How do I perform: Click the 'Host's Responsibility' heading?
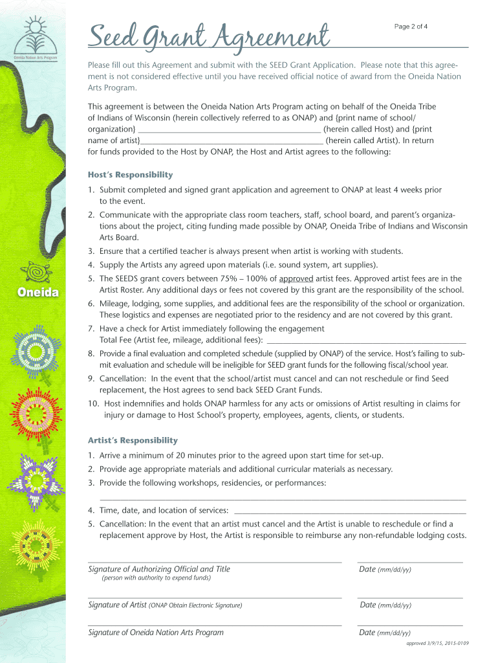(x=130, y=175)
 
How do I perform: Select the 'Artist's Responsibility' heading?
(x=133, y=440)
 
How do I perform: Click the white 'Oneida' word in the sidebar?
(x=38, y=293)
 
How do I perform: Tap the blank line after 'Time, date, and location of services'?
(x=349, y=511)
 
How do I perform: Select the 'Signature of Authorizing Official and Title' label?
(x=159, y=569)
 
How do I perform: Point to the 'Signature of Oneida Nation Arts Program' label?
(x=156, y=633)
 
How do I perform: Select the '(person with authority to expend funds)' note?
(x=157, y=578)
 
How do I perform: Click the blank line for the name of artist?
(x=232, y=140)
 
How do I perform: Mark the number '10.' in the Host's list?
(x=94, y=403)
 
